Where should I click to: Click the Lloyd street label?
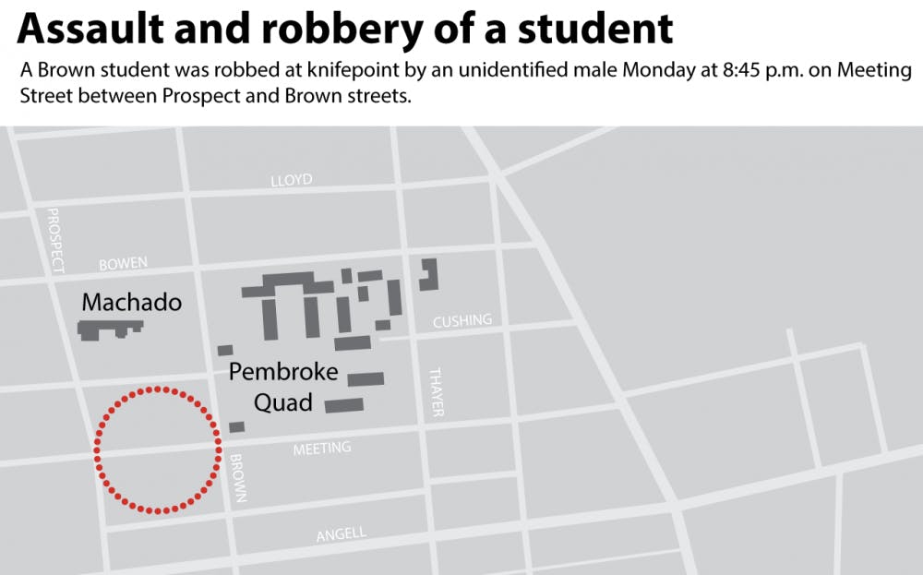[292, 180]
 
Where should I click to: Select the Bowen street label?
[123, 264]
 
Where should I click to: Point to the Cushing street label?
[462, 320]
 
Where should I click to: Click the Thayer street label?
[437, 392]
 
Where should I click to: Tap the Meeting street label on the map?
[322, 449]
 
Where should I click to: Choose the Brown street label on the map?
[238, 478]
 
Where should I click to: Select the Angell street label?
[341, 534]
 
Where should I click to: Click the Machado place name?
[131, 302]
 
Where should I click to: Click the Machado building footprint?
[110, 329]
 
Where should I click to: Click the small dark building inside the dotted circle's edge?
[237, 426]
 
